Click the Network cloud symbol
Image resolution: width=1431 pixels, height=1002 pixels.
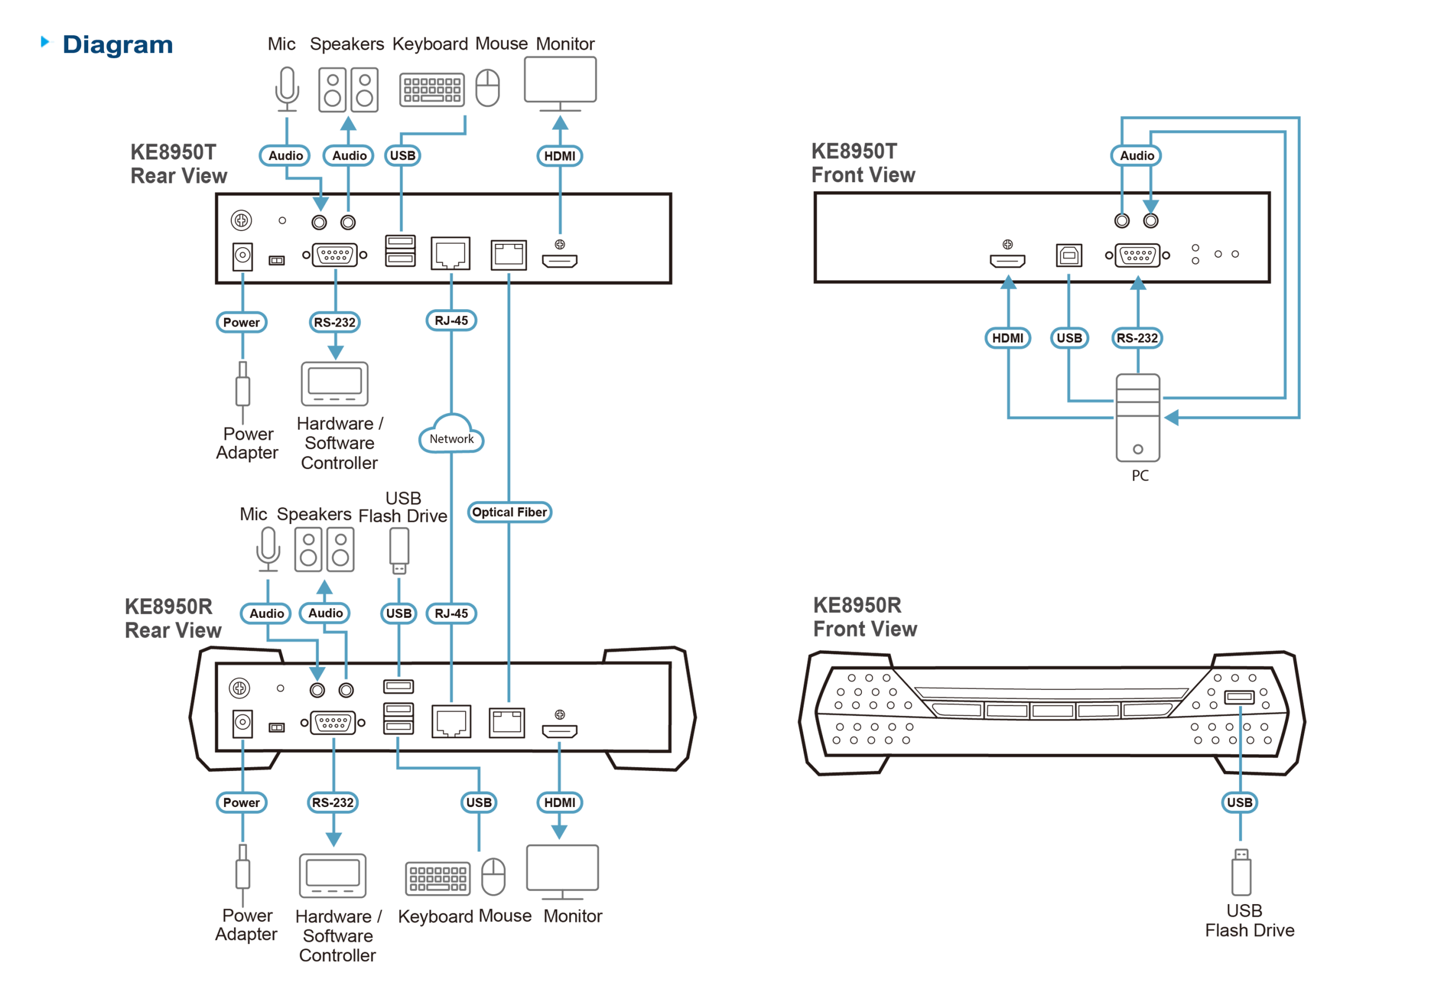point(451,435)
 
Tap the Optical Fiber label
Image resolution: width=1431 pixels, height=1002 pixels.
point(509,512)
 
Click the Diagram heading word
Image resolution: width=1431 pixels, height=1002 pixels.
point(117,45)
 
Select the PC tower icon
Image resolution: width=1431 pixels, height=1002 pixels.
point(1138,417)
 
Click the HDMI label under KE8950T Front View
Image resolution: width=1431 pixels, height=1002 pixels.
point(1007,338)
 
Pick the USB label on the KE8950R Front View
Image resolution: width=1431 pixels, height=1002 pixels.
point(1239,802)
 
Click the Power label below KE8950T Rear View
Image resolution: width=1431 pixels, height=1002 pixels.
point(241,323)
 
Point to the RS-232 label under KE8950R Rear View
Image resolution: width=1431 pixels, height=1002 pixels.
point(332,802)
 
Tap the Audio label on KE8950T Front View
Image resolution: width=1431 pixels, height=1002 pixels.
point(1136,155)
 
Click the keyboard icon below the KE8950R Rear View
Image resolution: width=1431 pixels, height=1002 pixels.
point(438,878)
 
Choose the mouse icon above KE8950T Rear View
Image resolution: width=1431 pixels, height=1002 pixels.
point(487,88)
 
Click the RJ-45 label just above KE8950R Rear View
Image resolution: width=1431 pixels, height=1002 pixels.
point(451,613)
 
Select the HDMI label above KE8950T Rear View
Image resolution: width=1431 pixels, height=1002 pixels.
point(559,155)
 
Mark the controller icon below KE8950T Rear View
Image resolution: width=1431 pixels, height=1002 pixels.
point(335,384)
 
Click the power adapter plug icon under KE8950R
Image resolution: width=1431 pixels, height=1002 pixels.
point(243,872)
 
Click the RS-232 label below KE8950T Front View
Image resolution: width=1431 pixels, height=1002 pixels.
point(1137,338)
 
